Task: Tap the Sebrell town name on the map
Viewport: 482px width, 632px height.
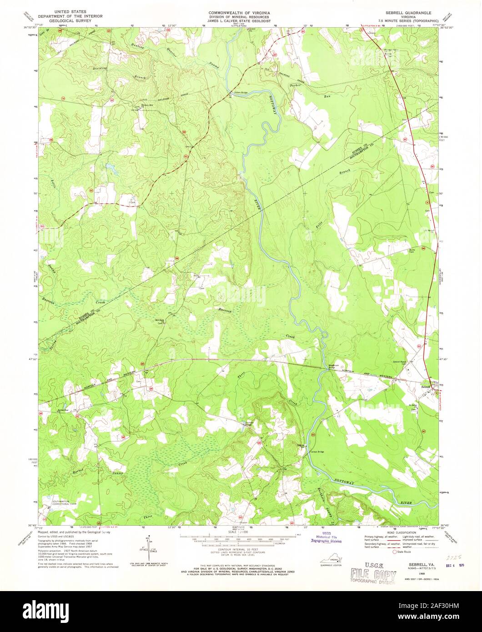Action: pos(426,386)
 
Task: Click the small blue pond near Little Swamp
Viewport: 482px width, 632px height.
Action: pos(110,168)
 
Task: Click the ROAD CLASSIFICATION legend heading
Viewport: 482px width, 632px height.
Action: pos(397,532)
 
